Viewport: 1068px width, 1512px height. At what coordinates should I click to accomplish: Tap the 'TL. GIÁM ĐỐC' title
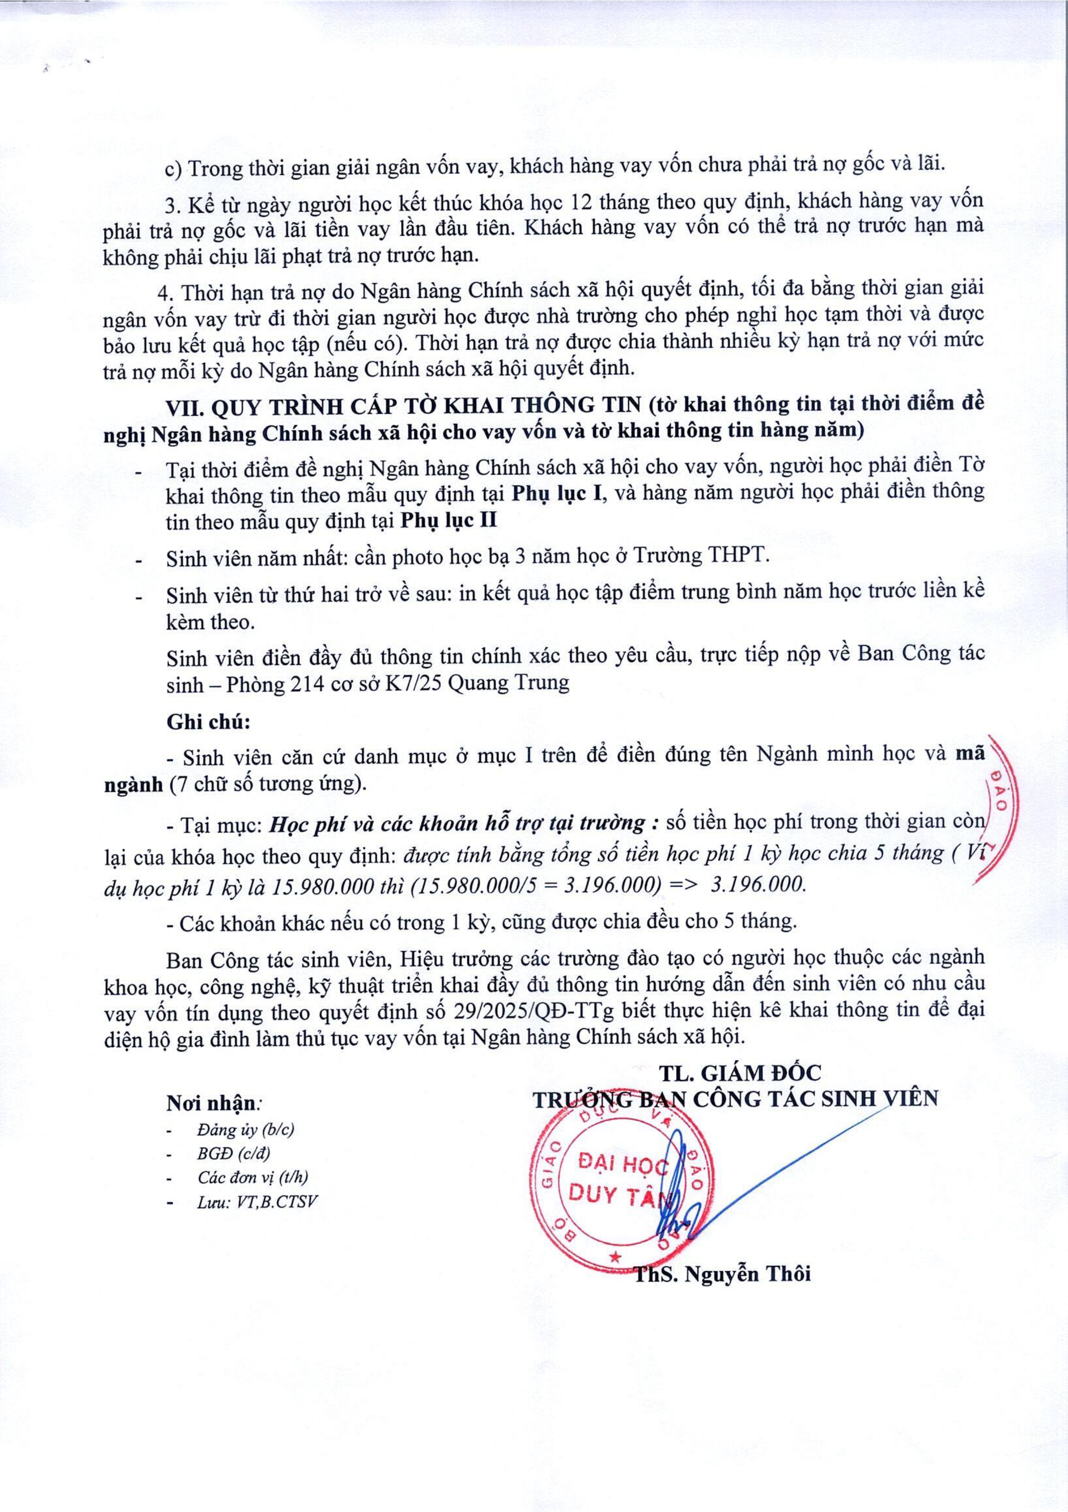(742, 1073)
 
